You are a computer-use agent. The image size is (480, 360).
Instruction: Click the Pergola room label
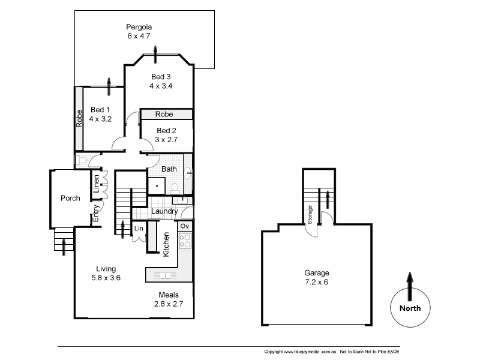coord(139,27)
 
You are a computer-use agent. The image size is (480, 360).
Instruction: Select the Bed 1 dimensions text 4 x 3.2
coord(100,119)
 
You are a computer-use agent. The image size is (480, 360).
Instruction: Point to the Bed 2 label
coord(166,130)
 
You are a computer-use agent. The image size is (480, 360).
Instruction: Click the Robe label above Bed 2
coord(164,114)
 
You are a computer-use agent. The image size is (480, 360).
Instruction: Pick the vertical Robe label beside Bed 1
coord(79,118)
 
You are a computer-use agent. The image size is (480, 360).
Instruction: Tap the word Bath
coord(169,169)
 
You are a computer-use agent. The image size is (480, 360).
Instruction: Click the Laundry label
coord(164,211)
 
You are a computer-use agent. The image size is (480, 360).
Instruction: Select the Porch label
coord(70,199)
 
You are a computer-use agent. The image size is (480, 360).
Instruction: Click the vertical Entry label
coord(95,213)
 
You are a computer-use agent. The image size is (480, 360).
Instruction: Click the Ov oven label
coord(185,226)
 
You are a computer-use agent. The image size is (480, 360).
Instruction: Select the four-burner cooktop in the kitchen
coord(185,241)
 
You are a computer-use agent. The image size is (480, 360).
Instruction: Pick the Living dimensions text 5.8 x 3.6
coord(106,278)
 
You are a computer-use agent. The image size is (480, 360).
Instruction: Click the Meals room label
coord(168,295)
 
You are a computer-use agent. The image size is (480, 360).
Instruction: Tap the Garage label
coord(316,273)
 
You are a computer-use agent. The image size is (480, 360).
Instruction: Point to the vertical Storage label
coord(310,214)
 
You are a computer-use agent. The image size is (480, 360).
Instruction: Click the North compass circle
coord(410,308)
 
